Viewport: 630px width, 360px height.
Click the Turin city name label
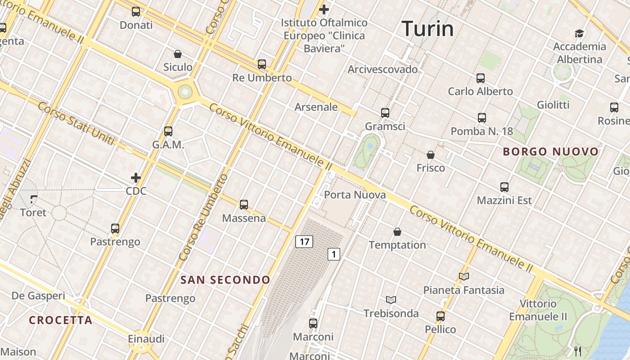427,29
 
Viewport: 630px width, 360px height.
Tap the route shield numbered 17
304,242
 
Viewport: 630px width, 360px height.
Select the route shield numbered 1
333,254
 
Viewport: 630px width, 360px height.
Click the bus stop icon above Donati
136,12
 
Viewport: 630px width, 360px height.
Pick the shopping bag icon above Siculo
178,54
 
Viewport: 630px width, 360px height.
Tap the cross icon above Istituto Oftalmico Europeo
324,9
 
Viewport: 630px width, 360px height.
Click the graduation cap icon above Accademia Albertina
579,33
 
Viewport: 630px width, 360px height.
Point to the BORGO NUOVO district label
551,152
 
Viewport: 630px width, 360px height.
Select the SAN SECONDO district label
225,280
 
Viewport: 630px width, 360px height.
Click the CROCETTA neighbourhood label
61,320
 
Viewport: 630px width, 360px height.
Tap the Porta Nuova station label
355,195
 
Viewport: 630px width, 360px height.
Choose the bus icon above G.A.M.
168,131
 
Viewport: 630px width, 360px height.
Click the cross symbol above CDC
136,178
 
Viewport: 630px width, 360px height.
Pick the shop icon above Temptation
397,232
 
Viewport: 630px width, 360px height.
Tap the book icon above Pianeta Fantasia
464,276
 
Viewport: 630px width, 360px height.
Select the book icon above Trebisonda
391,300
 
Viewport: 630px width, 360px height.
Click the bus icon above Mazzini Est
504,187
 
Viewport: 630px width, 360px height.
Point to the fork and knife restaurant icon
578,351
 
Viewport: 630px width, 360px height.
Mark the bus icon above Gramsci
385,112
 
